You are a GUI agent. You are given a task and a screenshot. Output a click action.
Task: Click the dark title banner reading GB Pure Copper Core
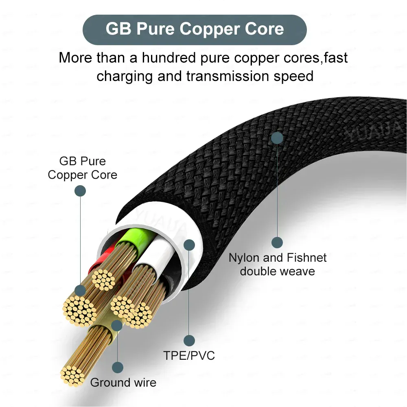pyautogui.click(x=195, y=29)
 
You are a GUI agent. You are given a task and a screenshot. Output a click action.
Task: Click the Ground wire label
pyautogui.click(x=123, y=383)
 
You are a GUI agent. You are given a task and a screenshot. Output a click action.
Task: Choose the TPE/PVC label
pyautogui.click(x=189, y=355)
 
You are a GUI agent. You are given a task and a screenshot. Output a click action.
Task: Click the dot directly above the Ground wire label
pyautogui.click(x=118, y=368)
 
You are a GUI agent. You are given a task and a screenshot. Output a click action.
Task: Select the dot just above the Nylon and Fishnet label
pyautogui.click(x=277, y=243)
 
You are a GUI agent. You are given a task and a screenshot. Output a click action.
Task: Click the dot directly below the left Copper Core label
pyautogui.click(x=80, y=191)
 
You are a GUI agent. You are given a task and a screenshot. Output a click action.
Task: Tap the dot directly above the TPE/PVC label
pyautogui.click(x=189, y=340)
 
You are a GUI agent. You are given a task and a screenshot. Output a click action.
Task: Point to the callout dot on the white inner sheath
pyautogui.click(x=189, y=245)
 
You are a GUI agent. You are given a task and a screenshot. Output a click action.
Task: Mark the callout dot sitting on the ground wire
pyautogui.click(x=117, y=325)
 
